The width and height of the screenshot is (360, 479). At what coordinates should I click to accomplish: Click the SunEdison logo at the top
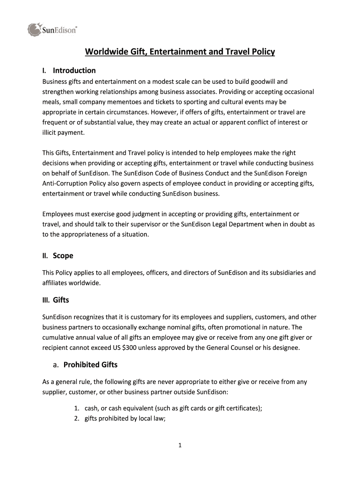pos(52,30)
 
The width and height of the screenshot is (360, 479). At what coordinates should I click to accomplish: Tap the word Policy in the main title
pos(261,51)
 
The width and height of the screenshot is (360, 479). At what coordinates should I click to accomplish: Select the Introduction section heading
pos(74,71)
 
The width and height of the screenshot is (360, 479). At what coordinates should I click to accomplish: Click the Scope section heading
pos(63,256)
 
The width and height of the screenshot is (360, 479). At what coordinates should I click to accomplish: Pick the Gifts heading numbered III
pos(61,300)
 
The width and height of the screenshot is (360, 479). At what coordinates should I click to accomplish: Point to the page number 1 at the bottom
pos(180,445)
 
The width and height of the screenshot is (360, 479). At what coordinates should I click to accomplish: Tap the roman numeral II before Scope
pos(45,256)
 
